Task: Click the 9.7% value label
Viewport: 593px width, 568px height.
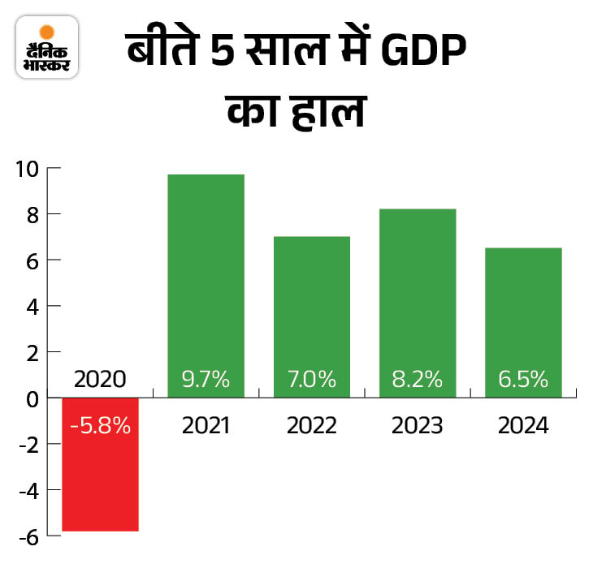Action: point(206,379)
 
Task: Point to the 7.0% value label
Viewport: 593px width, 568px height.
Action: point(311,379)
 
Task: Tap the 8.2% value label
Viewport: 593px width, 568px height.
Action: point(417,379)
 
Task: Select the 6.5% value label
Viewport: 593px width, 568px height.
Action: point(523,379)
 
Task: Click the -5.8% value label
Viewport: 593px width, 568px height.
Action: point(100,426)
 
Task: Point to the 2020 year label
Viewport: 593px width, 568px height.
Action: point(100,379)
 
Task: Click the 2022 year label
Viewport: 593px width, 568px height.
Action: point(311,425)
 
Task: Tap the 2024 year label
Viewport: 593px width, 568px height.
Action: point(523,425)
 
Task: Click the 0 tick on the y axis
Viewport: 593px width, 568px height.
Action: point(32,398)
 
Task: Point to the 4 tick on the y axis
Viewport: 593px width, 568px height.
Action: point(32,307)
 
